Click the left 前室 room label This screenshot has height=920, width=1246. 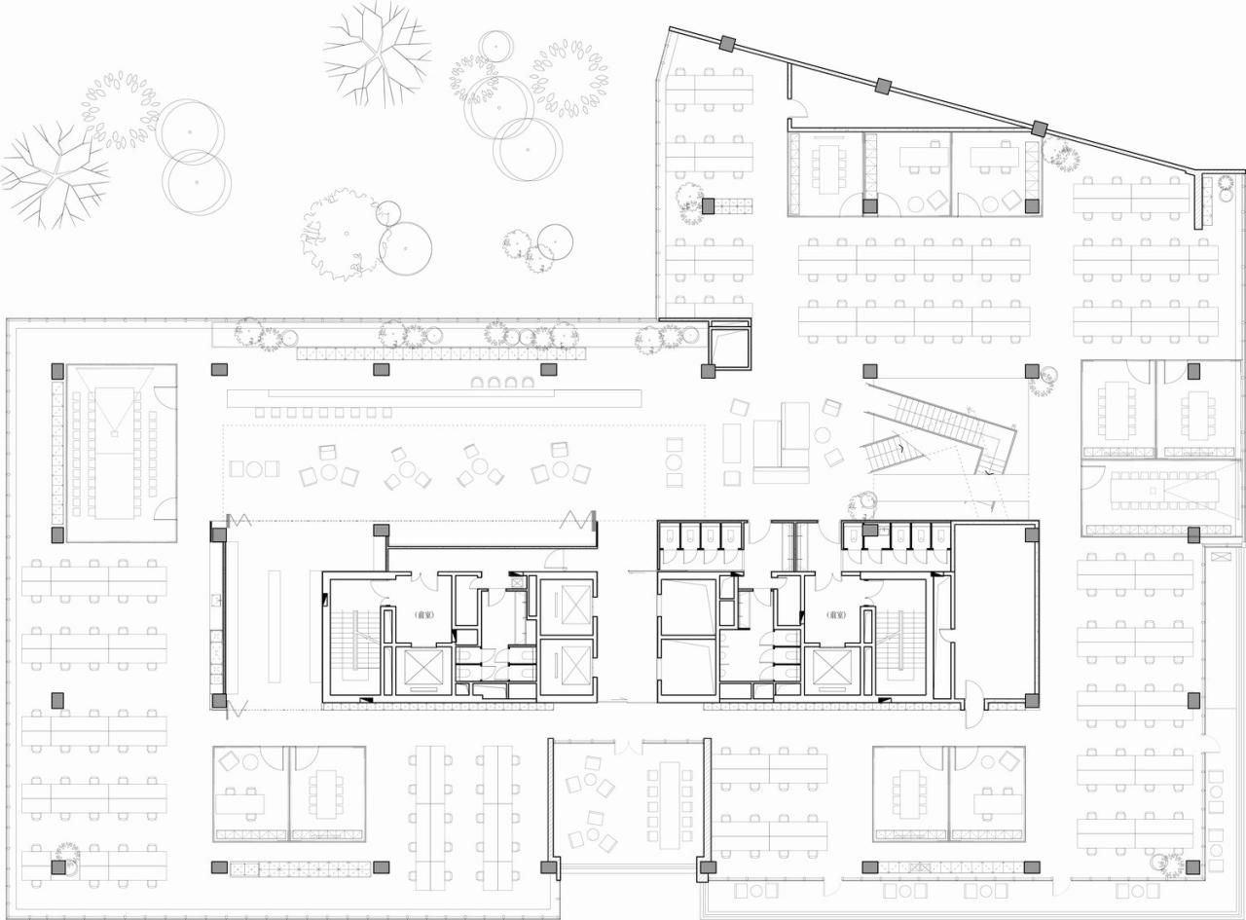423,615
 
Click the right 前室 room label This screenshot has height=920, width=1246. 835,615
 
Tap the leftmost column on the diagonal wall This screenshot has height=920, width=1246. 727,43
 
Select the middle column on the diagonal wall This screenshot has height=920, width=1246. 883,86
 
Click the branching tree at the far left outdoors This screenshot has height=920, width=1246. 54,173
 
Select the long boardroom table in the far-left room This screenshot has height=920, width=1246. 115,453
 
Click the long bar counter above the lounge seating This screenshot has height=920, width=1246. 434,397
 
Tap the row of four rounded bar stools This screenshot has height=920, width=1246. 502,383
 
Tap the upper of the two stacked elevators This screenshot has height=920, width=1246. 565,606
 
